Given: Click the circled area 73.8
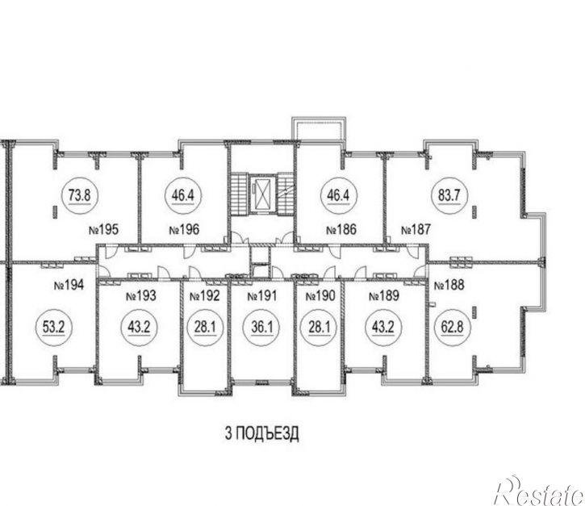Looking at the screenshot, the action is [x=79, y=195].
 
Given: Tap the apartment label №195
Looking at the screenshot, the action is [x=104, y=229].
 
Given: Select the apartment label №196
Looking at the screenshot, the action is [x=184, y=229].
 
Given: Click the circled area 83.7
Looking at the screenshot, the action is [x=449, y=195].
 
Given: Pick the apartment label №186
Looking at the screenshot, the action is [x=341, y=229].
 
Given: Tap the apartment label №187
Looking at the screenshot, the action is [x=416, y=229].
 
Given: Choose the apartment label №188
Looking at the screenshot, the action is [x=449, y=285].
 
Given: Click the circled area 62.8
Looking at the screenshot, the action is [x=452, y=328].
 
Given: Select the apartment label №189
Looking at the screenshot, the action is [x=384, y=296].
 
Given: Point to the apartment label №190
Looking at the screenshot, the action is [x=320, y=296].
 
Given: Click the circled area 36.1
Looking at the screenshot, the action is [x=262, y=328].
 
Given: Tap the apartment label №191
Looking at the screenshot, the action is [x=262, y=296].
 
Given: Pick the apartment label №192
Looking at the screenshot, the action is [x=205, y=296].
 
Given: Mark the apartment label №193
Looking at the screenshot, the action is [x=141, y=296].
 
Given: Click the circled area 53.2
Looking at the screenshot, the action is [x=54, y=328].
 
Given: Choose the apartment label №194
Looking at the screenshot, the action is [x=69, y=286].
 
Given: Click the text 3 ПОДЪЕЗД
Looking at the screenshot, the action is [x=262, y=433].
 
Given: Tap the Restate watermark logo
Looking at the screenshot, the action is [x=539, y=491].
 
